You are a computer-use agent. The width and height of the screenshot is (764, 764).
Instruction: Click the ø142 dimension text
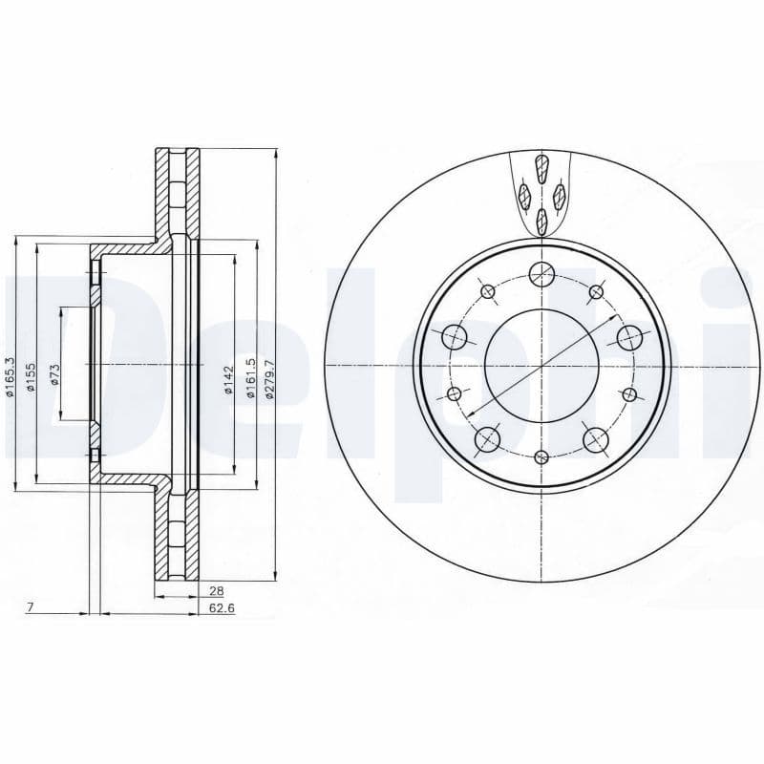(229, 378)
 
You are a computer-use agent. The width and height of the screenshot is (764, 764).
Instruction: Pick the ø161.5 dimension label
(250, 377)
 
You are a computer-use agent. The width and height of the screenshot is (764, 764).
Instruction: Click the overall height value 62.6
(221, 607)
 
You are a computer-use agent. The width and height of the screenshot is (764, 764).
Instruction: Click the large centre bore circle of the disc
(541, 365)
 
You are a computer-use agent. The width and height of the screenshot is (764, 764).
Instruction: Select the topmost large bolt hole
(541, 274)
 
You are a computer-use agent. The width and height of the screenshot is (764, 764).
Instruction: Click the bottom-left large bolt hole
(488, 438)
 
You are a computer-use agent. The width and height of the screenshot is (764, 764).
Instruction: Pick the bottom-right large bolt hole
(595, 438)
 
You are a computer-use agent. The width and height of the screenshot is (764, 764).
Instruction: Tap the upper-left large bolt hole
(455, 336)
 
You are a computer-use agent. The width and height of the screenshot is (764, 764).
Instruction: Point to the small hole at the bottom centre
(541, 456)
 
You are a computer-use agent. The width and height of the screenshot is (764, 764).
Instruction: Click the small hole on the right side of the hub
(628, 393)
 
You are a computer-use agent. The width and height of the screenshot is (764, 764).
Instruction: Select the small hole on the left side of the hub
(455, 393)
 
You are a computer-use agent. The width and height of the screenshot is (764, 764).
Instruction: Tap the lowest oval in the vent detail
(541, 221)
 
